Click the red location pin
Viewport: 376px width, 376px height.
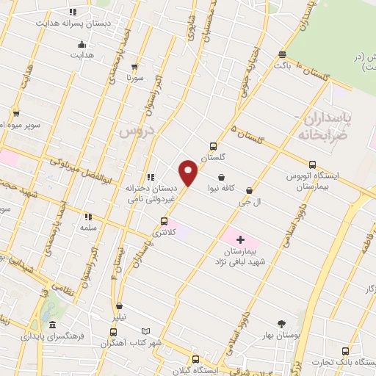click(x=189, y=173)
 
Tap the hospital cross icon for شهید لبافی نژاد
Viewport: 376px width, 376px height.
click(x=240, y=239)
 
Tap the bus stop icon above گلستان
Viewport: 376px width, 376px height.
click(x=214, y=146)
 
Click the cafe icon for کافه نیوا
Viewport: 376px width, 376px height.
click(x=221, y=176)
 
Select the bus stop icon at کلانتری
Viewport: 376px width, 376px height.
click(x=164, y=220)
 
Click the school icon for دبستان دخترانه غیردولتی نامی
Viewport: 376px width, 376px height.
click(x=151, y=177)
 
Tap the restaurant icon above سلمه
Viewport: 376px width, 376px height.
click(x=88, y=217)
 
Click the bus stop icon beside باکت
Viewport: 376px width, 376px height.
click(x=283, y=54)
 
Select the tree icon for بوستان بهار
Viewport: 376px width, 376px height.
click(x=281, y=323)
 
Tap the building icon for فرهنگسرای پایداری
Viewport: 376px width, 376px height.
click(x=52, y=325)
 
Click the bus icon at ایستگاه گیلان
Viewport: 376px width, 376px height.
click(x=195, y=359)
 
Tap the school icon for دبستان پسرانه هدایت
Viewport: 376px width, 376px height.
click(x=72, y=12)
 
